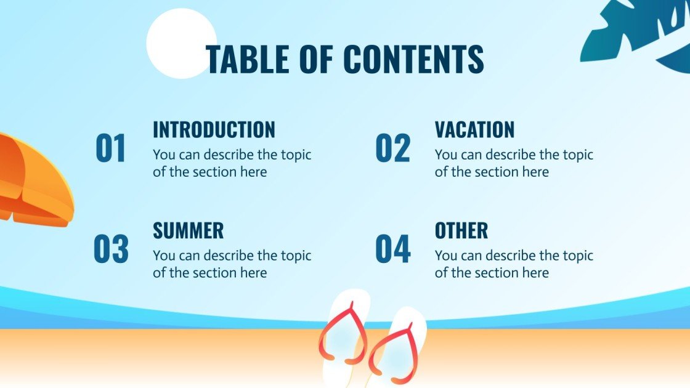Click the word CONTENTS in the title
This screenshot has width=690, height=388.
click(413, 60)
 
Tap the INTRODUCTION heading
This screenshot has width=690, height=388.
click(214, 130)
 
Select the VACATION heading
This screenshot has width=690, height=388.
click(474, 130)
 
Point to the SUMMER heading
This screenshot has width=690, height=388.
click(188, 231)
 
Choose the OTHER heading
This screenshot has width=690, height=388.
click(461, 231)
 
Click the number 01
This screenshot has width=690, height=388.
click(111, 149)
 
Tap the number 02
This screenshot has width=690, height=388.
click(392, 149)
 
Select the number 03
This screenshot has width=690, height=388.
click(111, 249)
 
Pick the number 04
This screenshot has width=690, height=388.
click(392, 249)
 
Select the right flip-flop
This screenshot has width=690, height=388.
click(397, 348)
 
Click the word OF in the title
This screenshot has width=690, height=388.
click(318, 60)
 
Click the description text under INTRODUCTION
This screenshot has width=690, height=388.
click(232, 163)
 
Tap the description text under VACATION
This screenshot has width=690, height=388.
click(514, 163)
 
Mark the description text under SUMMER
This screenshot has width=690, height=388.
click(232, 264)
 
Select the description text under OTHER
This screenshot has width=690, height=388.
click(514, 264)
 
